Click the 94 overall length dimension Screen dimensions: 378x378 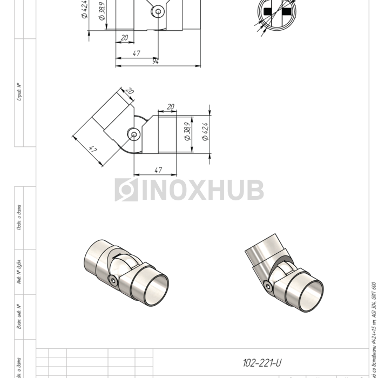point(156,61)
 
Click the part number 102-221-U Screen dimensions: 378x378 point(262,363)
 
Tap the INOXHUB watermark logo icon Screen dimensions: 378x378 point(126,190)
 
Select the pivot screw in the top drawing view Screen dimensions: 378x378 point(158,11)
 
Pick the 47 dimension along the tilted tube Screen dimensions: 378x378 point(92,149)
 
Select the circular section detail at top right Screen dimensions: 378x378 point(277,12)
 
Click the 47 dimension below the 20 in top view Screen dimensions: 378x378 point(136,53)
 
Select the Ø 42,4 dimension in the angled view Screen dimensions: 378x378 point(205,131)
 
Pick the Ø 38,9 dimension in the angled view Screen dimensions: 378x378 point(187,131)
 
